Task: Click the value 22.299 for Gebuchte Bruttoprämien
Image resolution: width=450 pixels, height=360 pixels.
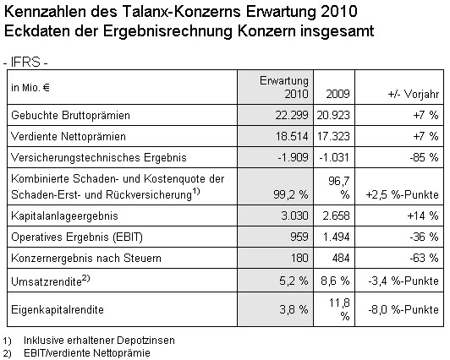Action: click(292, 115)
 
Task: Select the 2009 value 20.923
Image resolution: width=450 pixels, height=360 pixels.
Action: click(333, 115)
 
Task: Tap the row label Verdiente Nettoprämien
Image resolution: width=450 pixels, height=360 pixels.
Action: click(69, 136)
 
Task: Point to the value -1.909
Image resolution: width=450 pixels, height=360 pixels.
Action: click(293, 157)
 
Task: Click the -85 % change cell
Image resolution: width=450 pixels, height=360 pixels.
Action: click(424, 157)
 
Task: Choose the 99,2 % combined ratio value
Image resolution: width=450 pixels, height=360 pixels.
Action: click(291, 195)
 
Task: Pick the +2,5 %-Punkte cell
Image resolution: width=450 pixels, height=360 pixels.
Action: click(403, 195)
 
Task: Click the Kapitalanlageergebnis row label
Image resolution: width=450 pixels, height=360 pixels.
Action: click(64, 215)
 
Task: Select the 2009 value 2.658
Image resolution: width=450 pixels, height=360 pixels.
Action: click(336, 215)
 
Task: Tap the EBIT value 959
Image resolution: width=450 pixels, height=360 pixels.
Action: click(299, 237)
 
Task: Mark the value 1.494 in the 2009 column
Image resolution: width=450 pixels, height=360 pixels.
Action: click(336, 237)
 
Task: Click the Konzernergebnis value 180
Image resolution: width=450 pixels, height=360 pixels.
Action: click(300, 258)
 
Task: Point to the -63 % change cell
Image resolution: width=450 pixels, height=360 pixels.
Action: click(424, 258)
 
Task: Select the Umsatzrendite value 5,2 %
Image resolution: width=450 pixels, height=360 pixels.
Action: click(294, 281)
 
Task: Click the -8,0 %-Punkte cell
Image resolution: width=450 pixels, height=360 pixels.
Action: click(403, 309)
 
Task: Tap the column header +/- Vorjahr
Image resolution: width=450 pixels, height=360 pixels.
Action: click(414, 95)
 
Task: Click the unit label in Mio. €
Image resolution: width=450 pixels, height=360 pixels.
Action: click(30, 88)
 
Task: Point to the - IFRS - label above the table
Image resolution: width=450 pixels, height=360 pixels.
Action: click(25, 63)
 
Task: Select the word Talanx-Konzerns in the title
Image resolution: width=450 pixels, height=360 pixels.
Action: click(180, 13)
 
